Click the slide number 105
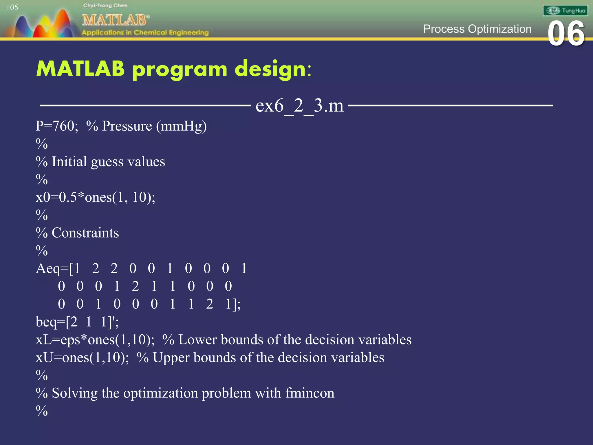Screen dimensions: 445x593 click(12, 8)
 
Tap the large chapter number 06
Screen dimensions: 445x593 click(566, 34)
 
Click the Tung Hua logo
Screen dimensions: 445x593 click(565, 11)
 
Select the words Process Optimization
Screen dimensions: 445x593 click(477, 29)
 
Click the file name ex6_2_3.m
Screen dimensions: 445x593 click(299, 105)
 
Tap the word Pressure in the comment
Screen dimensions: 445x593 click(127, 126)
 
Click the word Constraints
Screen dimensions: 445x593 click(85, 233)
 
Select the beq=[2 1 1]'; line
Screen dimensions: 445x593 click(77, 322)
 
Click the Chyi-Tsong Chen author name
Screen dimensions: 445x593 click(105, 5)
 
